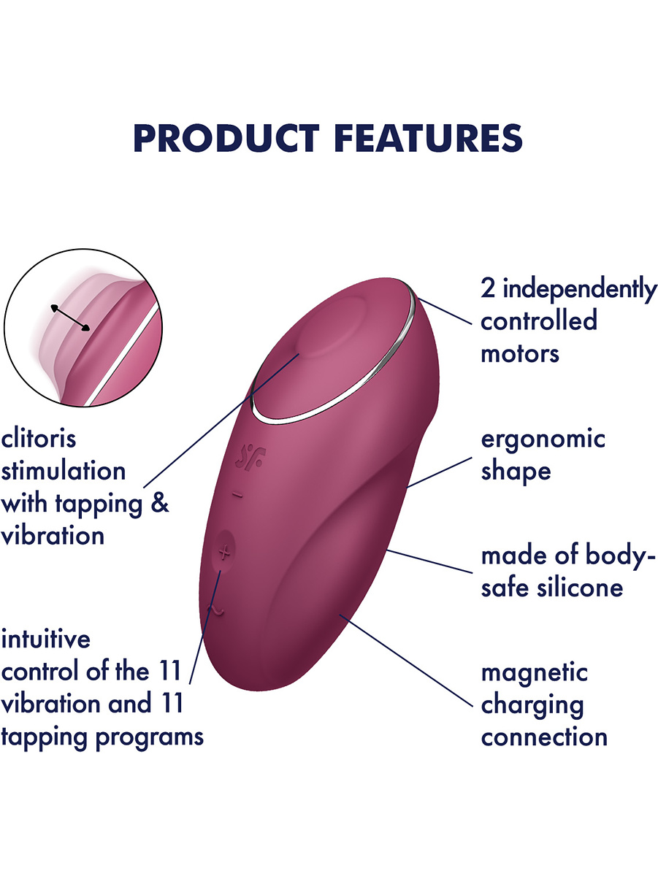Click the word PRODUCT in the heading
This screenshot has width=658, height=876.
point(226,138)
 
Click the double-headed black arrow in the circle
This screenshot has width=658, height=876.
point(70,318)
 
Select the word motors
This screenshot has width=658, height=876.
point(519,354)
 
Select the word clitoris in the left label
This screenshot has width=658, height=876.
point(38,438)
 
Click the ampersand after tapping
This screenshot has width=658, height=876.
point(161,503)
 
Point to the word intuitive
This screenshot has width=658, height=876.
point(46,639)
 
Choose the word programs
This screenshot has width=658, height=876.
point(150,738)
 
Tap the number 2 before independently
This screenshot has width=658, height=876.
point(488,288)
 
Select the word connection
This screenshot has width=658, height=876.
point(544,737)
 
